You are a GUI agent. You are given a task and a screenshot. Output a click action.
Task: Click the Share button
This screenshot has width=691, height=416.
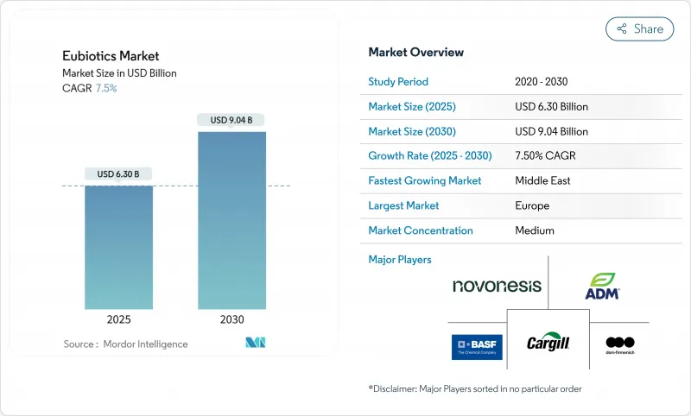click(639, 28)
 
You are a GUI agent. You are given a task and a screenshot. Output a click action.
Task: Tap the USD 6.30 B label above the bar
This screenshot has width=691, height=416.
click(118, 174)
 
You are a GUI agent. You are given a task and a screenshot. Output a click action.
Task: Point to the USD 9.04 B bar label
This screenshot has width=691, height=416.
click(231, 120)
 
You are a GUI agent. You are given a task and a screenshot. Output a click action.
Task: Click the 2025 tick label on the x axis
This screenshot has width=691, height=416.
click(118, 319)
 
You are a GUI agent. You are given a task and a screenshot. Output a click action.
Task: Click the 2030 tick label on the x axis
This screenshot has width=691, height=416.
click(231, 319)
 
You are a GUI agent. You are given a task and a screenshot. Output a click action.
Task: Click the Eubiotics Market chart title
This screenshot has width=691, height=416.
click(111, 56)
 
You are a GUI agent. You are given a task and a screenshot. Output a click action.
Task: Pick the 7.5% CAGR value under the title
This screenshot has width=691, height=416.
click(105, 88)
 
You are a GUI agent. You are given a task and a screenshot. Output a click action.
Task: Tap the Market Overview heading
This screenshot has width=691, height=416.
click(415, 53)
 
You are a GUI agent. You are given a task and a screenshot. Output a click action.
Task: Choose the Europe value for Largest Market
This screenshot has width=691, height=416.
click(533, 205)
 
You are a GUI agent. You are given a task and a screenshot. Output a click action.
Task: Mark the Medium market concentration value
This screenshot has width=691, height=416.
click(534, 230)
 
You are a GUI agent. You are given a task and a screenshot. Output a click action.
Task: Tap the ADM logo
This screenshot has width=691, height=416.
click(603, 287)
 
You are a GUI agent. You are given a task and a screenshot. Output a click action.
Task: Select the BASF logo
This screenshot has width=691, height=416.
click(477, 346)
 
